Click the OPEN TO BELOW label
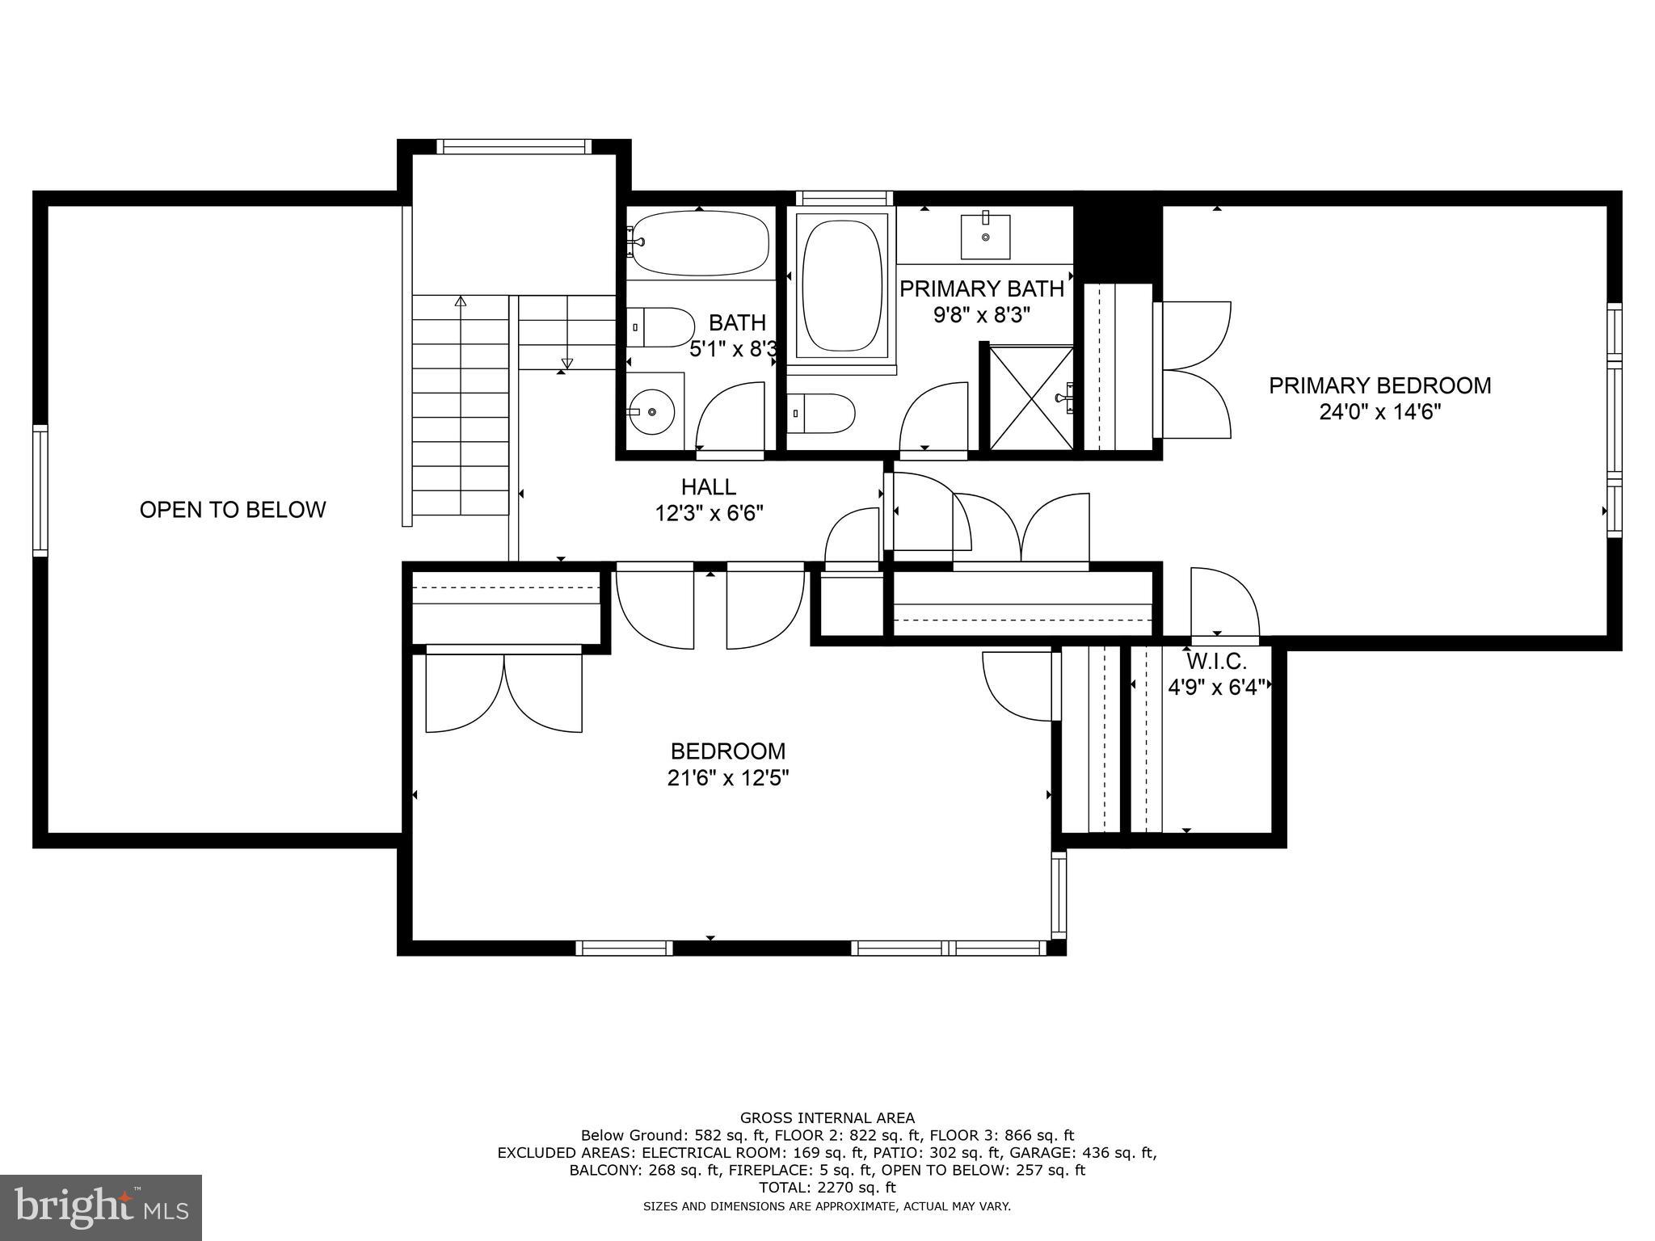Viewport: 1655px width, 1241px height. [x=233, y=510]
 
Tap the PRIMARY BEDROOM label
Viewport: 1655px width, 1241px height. [x=1379, y=385]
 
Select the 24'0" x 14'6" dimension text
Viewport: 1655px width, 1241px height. [x=1379, y=412]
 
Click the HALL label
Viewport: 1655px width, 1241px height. [x=709, y=486]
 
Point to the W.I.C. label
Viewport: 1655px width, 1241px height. [x=1216, y=662]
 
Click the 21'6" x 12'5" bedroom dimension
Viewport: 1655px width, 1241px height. [x=728, y=778]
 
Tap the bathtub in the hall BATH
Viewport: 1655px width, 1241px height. [x=701, y=242]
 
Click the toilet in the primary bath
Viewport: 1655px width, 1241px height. [x=823, y=414]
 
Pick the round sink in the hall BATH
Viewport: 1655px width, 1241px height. [x=652, y=412]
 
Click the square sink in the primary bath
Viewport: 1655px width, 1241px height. [x=985, y=235]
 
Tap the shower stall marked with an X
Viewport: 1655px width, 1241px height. [x=1032, y=398]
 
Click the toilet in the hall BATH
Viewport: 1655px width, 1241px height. [x=663, y=327]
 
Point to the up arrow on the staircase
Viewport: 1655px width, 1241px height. [x=461, y=302]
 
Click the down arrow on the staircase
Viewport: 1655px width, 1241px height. [x=566, y=363]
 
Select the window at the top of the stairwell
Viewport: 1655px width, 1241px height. [x=513, y=146]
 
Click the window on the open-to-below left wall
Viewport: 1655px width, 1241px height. [x=40, y=491]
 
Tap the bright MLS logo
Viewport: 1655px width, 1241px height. [x=101, y=1207]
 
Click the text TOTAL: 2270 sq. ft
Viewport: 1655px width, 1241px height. [x=827, y=1188]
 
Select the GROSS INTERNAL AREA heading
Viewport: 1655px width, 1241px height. [x=827, y=1118]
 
